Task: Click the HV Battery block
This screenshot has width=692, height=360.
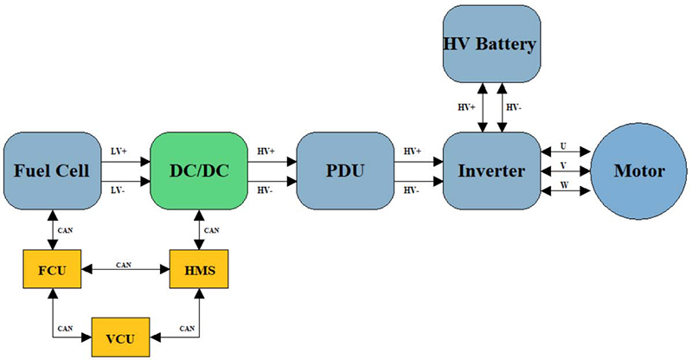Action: click(x=490, y=43)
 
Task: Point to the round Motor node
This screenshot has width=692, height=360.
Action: click(x=638, y=170)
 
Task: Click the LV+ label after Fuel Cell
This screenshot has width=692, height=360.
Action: click(x=120, y=150)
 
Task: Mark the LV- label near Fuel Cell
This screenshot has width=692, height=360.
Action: click(x=120, y=189)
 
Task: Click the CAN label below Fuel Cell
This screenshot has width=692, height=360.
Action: click(x=64, y=229)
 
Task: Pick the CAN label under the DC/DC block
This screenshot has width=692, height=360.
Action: click(x=212, y=229)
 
